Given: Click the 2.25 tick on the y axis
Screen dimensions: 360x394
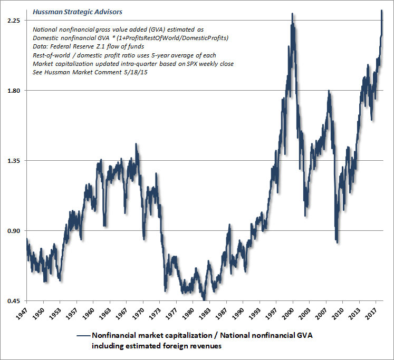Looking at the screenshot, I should [13, 20].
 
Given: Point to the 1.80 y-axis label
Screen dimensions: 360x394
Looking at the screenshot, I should [13, 91].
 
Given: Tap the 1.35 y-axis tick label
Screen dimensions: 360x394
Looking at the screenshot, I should [13, 161].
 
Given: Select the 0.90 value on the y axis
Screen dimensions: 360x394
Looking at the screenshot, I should [13, 231].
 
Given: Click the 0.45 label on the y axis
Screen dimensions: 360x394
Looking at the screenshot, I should [13, 301].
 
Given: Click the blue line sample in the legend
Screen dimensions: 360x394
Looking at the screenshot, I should [83, 335].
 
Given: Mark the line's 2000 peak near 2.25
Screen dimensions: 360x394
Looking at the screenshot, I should [292, 14].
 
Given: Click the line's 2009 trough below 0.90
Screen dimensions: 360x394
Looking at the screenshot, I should [337, 242].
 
